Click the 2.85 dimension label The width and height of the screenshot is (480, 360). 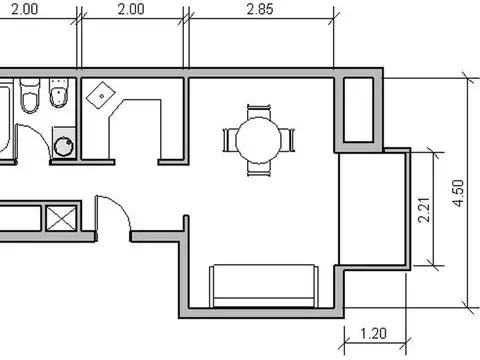[260, 9]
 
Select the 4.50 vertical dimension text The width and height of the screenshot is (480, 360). [458, 193]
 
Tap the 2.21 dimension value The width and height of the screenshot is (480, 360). [424, 210]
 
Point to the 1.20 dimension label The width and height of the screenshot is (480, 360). [374, 333]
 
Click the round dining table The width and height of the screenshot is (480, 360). [258, 140]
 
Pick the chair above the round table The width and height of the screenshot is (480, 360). [259, 112]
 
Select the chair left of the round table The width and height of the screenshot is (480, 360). [230, 140]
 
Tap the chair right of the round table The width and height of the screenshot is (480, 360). [287, 140]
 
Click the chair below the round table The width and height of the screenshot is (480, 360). [259, 169]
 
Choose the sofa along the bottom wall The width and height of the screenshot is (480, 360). [264, 286]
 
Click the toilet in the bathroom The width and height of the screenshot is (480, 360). [30, 96]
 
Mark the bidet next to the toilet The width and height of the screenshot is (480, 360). [59, 93]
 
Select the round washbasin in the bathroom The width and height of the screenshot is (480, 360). [64, 142]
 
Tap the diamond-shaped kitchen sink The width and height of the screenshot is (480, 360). [101, 95]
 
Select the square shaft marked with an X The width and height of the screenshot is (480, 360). [61, 218]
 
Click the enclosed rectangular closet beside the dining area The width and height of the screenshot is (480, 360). [358, 110]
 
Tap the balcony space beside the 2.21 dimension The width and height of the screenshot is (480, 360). [372, 209]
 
